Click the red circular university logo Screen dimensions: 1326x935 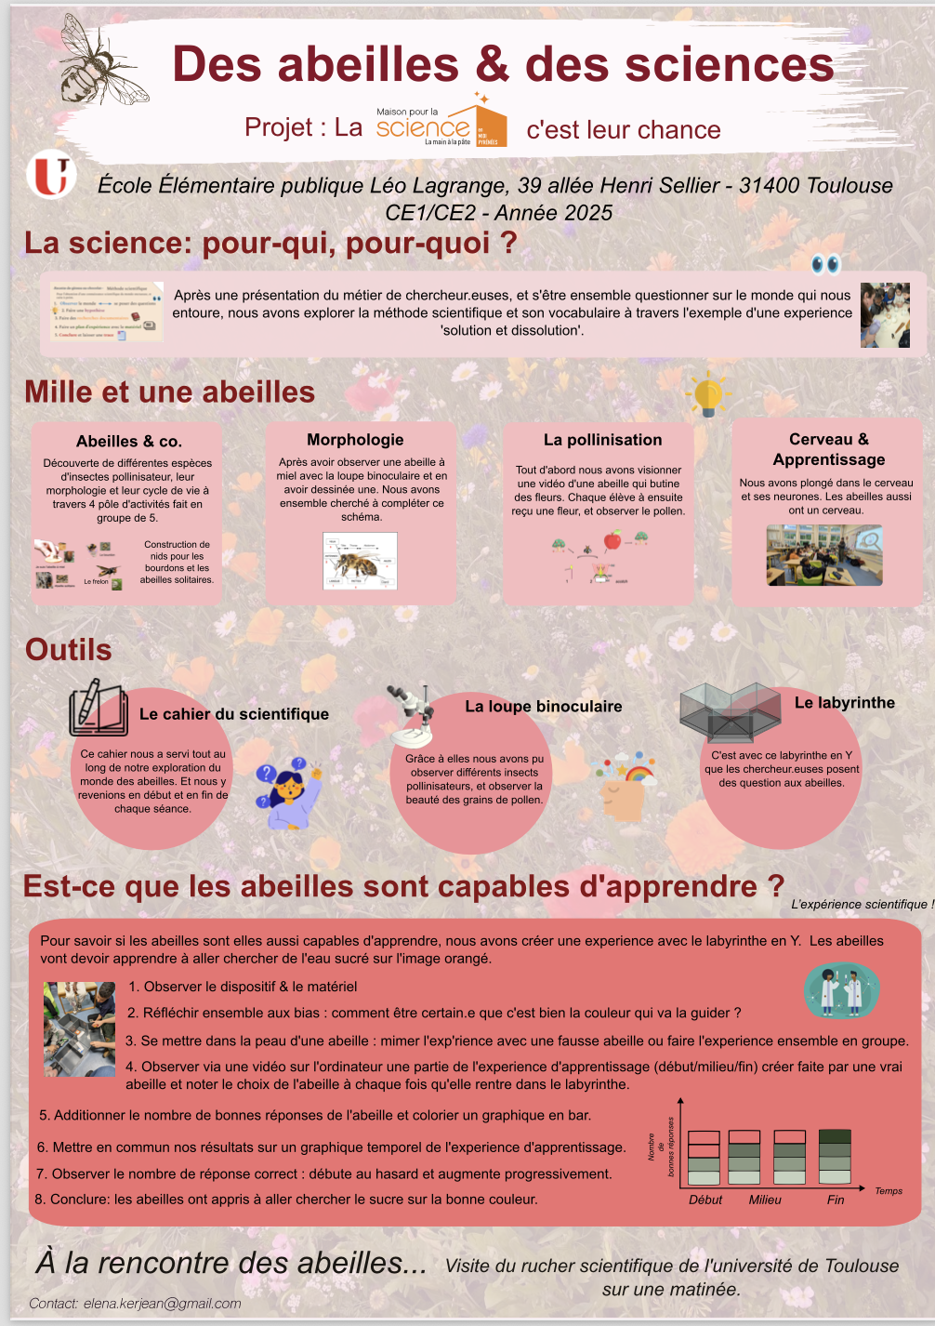point(51,176)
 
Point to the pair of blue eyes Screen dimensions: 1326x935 point(825,265)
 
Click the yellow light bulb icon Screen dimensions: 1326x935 point(708,394)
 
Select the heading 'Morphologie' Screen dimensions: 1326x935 point(355,440)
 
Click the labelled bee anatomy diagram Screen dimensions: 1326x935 point(360,561)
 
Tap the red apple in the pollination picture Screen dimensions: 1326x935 point(612,540)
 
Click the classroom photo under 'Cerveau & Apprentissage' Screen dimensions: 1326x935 point(823,555)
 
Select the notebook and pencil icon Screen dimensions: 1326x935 point(98,709)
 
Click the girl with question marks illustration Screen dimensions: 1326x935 point(289,791)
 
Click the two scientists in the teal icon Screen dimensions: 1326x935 point(841,990)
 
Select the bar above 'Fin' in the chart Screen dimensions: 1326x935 point(835,1157)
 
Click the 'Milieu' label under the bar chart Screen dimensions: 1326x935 point(765,1200)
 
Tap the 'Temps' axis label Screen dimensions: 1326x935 point(889,1191)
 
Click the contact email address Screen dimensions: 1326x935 point(163,1304)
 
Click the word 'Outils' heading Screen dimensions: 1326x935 point(69,650)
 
